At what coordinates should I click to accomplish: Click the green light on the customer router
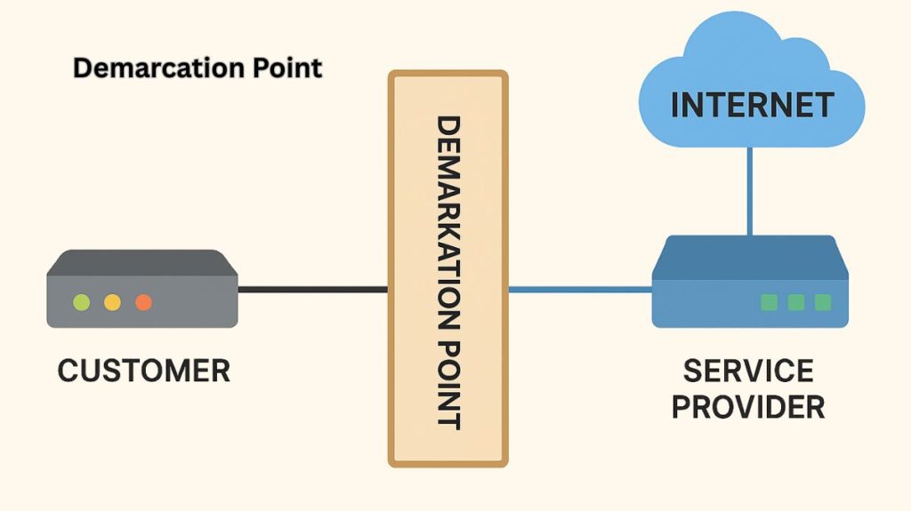[82, 302]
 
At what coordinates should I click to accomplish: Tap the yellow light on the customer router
[112, 302]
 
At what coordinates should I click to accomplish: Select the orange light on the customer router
[143, 302]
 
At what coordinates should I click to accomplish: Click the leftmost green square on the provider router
[769, 302]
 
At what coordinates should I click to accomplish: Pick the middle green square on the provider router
[795, 302]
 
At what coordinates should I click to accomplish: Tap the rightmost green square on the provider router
[823, 302]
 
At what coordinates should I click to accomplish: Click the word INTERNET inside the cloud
[752, 105]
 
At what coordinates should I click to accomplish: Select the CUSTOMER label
[143, 371]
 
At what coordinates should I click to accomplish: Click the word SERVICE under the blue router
[747, 371]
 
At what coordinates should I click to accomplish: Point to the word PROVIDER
[747, 407]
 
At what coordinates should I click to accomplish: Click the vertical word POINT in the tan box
[447, 374]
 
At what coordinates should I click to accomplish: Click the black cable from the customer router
[312, 289]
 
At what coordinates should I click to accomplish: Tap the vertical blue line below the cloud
[749, 191]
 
